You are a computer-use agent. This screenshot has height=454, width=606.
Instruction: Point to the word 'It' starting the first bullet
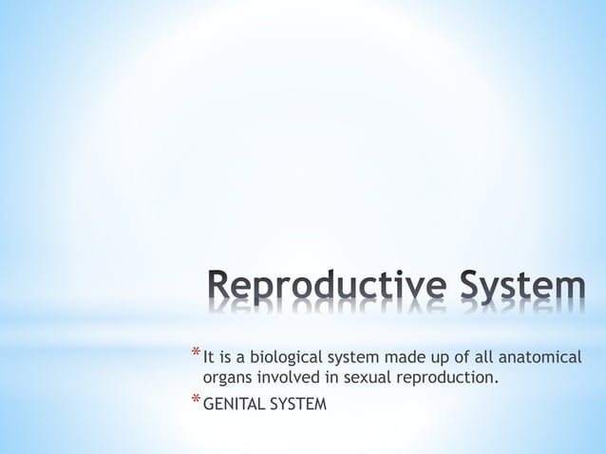click(209, 358)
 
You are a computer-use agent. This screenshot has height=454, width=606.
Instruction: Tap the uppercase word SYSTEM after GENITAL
click(297, 406)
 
